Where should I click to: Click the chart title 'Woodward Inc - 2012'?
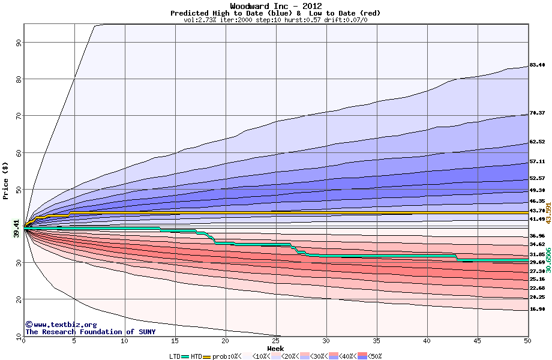pos(275,6)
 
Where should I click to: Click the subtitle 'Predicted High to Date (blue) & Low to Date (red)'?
pos(275,13)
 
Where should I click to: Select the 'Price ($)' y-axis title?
pos(6,181)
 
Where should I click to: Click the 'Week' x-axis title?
pos(275,348)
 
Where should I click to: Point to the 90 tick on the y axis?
pos(19,42)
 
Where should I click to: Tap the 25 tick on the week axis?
pos(275,341)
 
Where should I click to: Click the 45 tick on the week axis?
pos(477,341)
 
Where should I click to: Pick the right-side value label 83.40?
pos(537,65)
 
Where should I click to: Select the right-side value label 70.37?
pos(537,113)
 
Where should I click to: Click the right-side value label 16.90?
pos(537,309)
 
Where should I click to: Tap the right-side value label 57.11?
pos(537,161)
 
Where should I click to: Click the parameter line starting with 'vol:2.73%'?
pos(275,20)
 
